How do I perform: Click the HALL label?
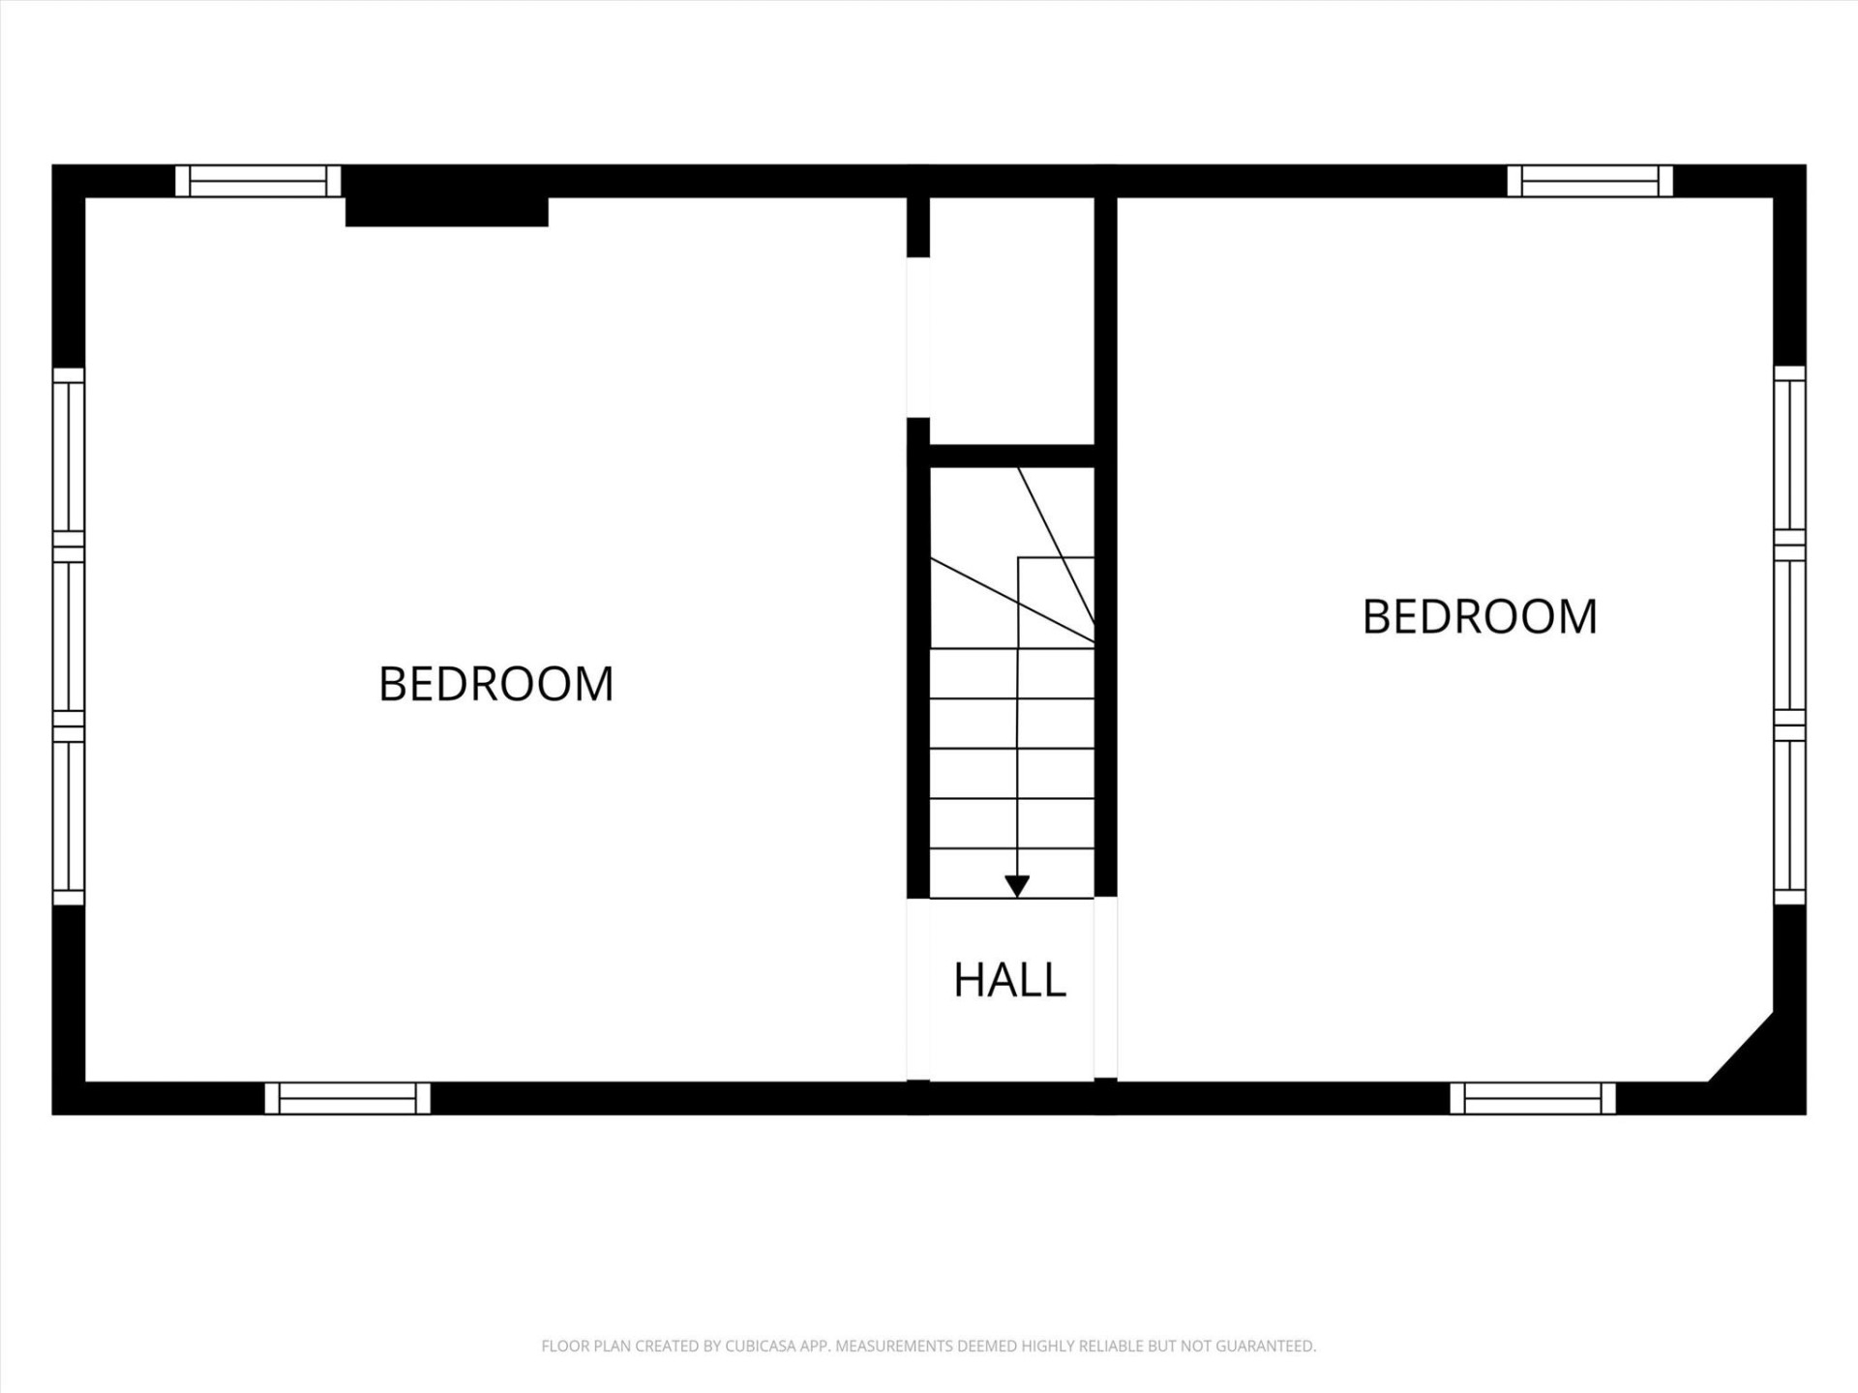[x=1009, y=980]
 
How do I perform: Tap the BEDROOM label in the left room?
[x=495, y=684]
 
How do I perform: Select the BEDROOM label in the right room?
[x=1480, y=617]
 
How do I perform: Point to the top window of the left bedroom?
[x=258, y=181]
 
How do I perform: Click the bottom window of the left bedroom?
[x=347, y=1098]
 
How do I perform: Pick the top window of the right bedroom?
[x=1590, y=181]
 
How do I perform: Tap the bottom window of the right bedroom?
[x=1533, y=1098]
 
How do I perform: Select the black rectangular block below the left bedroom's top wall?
[x=447, y=212]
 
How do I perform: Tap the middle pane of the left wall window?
[x=69, y=636]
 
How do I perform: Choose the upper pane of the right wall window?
[x=1789, y=455]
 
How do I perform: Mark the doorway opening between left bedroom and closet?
[x=918, y=338]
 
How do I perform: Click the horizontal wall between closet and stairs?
[x=1011, y=456]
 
